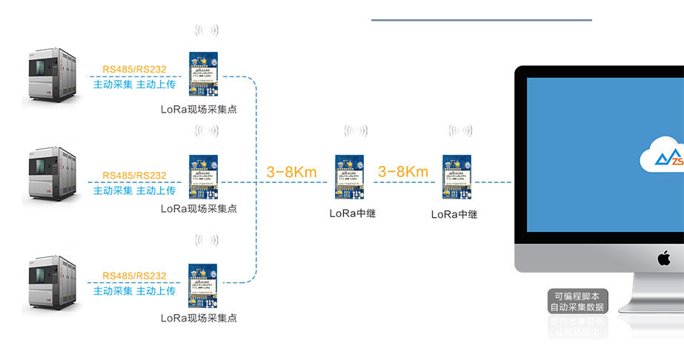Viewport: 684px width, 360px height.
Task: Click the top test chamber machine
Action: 52,74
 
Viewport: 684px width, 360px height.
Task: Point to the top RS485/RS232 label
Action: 134,70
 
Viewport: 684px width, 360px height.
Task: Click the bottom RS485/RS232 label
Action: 134,276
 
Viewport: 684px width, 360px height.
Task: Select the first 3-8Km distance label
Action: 291,173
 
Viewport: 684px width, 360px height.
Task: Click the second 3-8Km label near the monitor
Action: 402,172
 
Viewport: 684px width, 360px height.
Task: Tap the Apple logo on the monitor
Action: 664,259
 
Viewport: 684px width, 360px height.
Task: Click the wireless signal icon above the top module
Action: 207,30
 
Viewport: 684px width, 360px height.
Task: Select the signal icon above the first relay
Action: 356,131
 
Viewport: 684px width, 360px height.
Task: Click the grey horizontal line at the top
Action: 482,20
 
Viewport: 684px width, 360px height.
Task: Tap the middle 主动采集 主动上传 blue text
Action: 134,190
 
